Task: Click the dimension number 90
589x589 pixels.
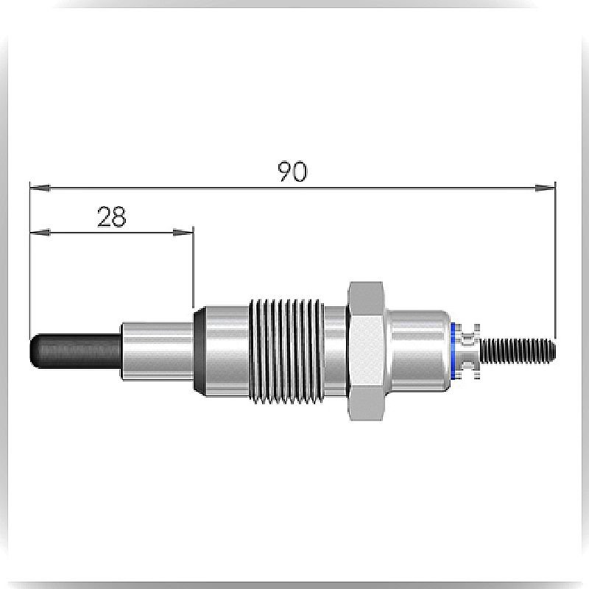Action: (292, 172)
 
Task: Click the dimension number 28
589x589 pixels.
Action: (112, 216)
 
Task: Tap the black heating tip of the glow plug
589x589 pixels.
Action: (76, 351)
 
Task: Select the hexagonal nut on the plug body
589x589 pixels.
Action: (366, 351)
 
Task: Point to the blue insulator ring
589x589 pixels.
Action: (453, 351)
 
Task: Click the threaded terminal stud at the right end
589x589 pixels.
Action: (518, 351)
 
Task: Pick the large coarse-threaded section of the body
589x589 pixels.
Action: (286, 351)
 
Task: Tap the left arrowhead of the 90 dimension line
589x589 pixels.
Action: (40, 187)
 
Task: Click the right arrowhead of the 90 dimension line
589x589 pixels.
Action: (545, 187)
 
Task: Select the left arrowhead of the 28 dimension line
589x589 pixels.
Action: (40, 233)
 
